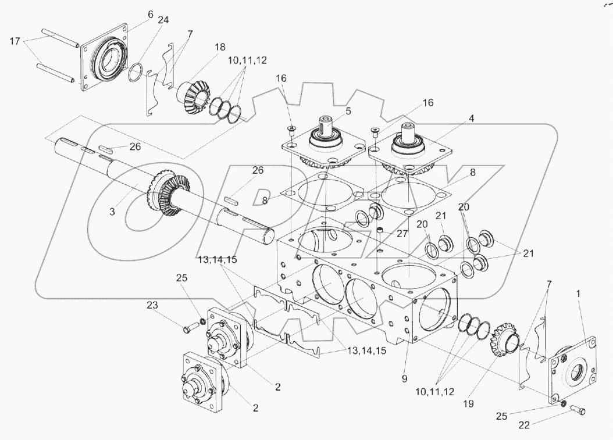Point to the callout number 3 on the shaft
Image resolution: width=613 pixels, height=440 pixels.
(112, 212)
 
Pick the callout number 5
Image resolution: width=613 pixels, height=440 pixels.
(348, 110)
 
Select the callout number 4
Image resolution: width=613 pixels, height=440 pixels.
(472, 119)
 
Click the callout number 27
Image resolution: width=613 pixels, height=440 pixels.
(402, 234)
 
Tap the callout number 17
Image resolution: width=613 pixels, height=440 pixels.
(16, 41)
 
